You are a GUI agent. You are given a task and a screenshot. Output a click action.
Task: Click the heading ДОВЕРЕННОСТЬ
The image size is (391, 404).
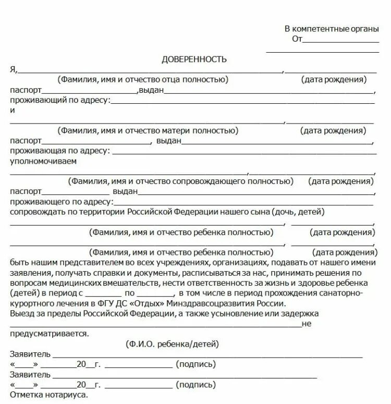(194, 59)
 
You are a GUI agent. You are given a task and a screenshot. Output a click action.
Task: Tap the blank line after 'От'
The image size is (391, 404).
(341, 40)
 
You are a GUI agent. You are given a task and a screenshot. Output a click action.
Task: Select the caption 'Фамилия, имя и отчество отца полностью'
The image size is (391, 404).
(143, 80)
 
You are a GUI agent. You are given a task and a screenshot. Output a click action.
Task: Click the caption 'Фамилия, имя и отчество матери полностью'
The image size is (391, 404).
(148, 130)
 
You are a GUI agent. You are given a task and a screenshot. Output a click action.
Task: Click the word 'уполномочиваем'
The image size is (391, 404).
(43, 161)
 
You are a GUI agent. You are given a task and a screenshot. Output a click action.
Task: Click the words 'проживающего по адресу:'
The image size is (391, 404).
(61, 202)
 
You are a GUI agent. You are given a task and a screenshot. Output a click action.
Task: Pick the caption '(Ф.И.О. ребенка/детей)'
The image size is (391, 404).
(172, 344)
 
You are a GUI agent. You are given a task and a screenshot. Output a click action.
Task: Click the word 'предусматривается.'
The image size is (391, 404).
(49, 334)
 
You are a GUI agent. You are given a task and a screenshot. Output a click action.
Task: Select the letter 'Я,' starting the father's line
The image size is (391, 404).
(14, 70)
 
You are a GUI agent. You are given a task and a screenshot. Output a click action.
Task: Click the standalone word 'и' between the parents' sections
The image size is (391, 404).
(13, 111)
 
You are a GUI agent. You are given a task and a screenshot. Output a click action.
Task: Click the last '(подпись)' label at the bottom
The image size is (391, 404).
(196, 385)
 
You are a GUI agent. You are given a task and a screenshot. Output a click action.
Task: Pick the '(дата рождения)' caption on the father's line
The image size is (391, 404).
(334, 80)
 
